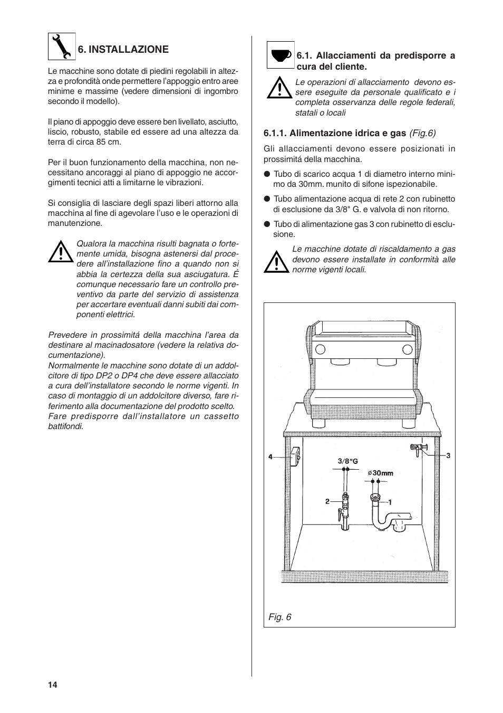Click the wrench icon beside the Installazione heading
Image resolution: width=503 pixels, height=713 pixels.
pos(62,46)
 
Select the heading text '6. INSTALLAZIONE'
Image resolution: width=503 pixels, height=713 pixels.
pos(123,50)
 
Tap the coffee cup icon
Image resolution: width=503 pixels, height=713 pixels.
pos(280,55)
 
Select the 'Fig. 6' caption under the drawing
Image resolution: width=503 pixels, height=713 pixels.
pos(280,617)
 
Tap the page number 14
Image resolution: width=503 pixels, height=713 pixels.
pos(52,685)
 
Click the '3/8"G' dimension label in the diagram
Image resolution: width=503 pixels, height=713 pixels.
pos(347,461)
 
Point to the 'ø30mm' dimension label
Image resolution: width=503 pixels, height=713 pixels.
pos(381,473)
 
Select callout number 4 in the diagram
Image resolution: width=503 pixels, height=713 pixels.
pos(270,457)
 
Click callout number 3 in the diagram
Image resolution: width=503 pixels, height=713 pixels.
pos(448,455)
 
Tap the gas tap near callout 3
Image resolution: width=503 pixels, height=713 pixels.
pos(417,449)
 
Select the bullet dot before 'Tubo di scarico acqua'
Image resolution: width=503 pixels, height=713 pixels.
pos(267,174)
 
